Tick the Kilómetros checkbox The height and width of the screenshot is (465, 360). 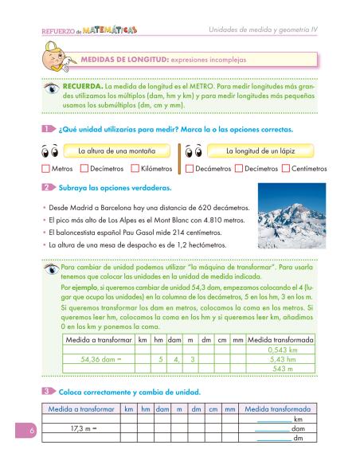(x=132, y=169)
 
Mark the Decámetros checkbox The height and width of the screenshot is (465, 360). (x=189, y=169)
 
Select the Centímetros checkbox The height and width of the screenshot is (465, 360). (x=286, y=169)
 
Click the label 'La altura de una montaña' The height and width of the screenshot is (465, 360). (x=116, y=150)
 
